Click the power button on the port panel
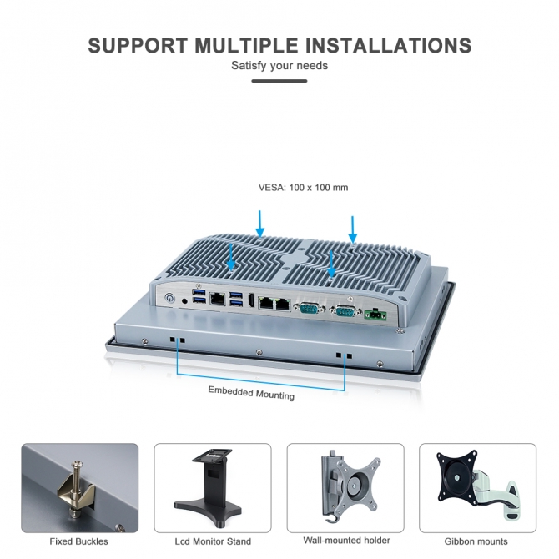pos(169,298)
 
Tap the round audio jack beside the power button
pos(184,301)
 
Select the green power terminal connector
pos(375,315)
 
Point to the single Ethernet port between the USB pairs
pos(217,299)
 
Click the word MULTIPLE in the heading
pos(246,45)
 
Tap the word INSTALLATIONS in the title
pos(389,45)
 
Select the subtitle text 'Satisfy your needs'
pos(279,66)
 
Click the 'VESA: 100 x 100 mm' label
pos(303,188)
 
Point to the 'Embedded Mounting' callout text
pos(251,393)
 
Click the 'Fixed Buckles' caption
pos(78,541)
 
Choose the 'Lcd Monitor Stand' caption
pos(213,541)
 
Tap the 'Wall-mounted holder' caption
pos(346,541)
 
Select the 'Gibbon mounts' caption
pos(476,541)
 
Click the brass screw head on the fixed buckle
pos(78,464)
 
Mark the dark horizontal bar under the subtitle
pos(279,81)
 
